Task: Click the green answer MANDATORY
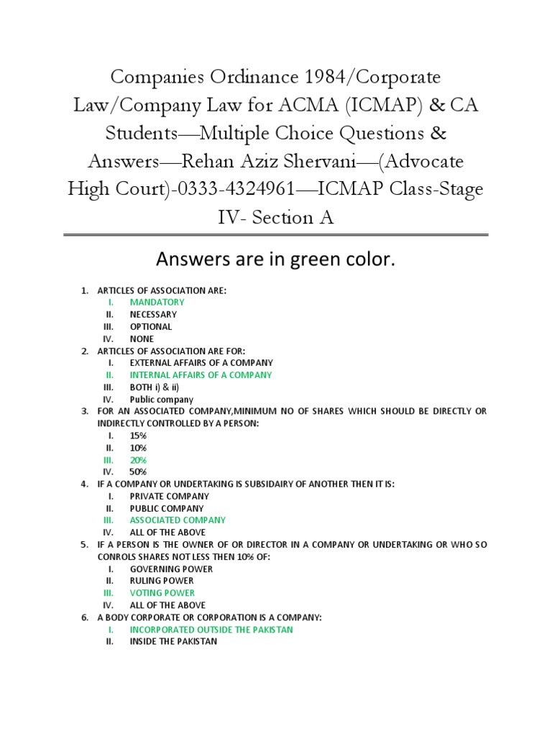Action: [157, 302]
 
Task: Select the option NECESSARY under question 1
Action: [153, 314]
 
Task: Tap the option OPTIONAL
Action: [151, 326]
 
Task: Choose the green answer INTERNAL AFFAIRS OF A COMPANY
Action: [201, 375]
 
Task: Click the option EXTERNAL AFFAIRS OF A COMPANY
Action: [201, 363]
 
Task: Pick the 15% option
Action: [138, 436]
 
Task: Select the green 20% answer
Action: [138, 460]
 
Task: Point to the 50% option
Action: [138, 472]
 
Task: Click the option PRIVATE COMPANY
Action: [170, 496]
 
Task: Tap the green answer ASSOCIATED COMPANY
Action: [178, 520]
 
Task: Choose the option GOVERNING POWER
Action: [172, 569]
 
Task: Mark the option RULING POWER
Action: [162, 581]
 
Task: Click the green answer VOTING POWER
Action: [162, 593]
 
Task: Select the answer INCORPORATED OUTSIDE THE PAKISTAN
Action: [211, 630]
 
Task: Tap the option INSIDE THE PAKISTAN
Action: [173, 642]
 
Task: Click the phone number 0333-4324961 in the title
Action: [237, 189]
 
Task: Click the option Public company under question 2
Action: [162, 400]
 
